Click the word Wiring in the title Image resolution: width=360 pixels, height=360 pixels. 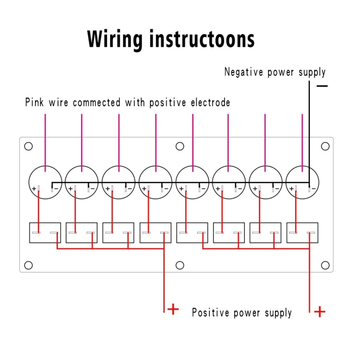coord(115,39)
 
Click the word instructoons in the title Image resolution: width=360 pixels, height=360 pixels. coord(202,39)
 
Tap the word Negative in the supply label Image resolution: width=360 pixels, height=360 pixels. coord(244,72)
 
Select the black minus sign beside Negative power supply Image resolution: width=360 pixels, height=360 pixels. coord(322,86)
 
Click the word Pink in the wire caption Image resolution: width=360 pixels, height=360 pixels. coord(34,103)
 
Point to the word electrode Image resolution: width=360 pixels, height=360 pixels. coord(210,103)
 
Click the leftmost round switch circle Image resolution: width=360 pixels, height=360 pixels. coord(45,182)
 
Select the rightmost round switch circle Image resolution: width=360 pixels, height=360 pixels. coord(302,182)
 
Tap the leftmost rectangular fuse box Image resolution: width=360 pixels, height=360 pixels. coord(45,232)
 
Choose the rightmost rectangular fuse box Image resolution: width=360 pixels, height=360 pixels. coord(302,232)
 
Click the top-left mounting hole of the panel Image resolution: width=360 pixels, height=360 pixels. coord(28,146)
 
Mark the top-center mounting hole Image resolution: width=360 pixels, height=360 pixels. coord(180,146)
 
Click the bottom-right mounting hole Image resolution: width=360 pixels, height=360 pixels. coord(325,265)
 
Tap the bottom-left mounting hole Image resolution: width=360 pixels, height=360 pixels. coord(28,265)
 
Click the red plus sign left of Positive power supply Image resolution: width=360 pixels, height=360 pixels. coord(173,309)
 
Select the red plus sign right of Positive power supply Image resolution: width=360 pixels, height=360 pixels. coord(320,312)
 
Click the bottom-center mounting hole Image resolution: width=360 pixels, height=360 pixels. coord(180,265)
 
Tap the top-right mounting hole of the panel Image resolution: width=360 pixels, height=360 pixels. coord(325,146)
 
